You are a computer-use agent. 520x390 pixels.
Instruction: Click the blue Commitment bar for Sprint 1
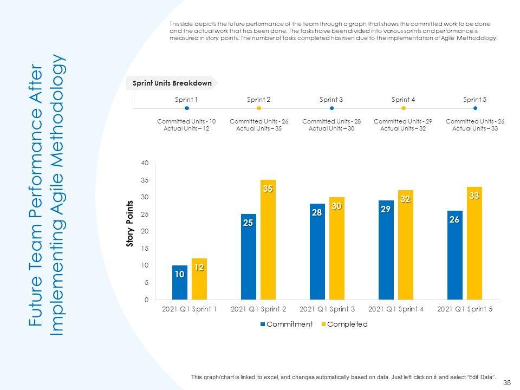[180, 282]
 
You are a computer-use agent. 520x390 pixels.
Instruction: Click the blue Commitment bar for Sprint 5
[455, 255]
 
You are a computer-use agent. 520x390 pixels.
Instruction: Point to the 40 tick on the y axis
[144, 163]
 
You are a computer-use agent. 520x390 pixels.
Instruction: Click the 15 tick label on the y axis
[144, 249]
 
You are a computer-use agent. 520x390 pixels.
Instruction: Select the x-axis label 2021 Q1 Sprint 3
[327, 309]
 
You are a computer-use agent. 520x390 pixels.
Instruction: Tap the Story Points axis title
[130, 224]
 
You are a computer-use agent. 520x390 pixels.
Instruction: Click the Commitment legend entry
[287, 324]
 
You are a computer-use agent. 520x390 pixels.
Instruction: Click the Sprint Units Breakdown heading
[172, 83]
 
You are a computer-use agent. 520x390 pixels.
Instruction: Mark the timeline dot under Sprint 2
[259, 108]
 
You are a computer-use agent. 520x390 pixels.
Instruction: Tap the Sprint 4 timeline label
[403, 100]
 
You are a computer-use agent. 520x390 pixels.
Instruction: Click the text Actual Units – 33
[475, 128]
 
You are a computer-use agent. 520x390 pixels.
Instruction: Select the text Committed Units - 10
[186, 121]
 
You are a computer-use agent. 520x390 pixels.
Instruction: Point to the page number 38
[507, 382]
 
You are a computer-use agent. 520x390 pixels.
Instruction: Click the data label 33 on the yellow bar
[474, 196]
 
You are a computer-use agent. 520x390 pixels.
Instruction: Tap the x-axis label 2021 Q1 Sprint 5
[464, 309]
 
